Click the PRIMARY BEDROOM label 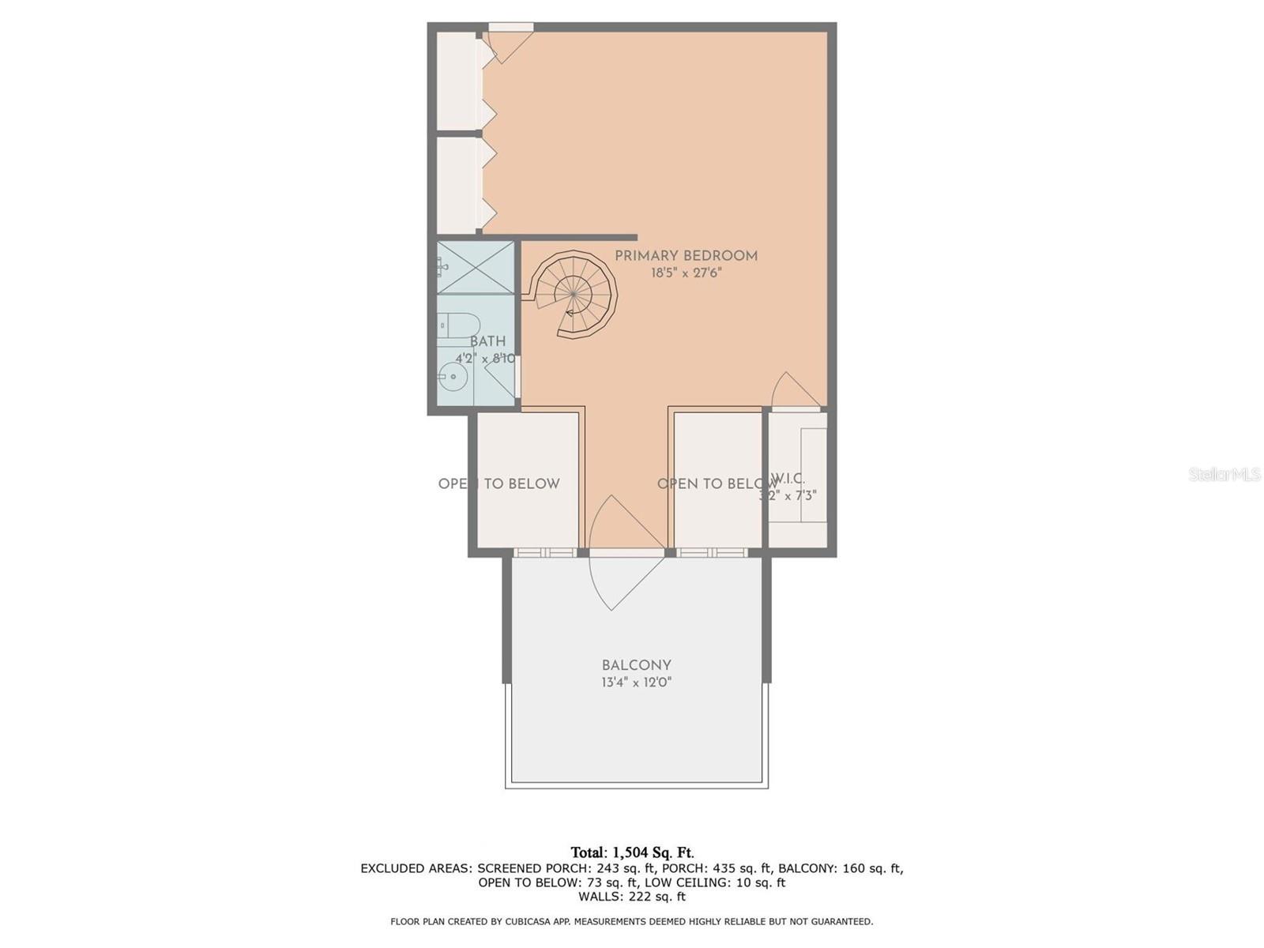coord(686,256)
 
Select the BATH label coord(487,342)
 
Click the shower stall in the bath coord(476,267)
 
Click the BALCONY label coord(636,665)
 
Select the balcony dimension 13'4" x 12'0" coord(636,683)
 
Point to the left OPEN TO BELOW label coord(498,483)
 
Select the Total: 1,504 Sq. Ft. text coord(632,852)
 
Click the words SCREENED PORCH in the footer coord(522,868)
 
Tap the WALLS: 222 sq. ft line coord(632,897)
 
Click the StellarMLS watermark coord(1224,474)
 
